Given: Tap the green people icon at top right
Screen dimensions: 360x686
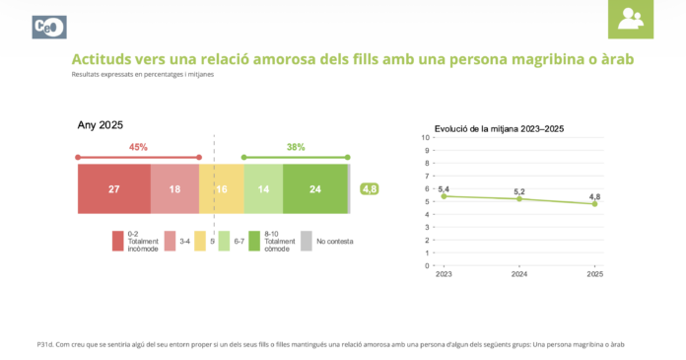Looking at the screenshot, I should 630,19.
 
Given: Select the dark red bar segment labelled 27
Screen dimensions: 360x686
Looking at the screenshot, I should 113,188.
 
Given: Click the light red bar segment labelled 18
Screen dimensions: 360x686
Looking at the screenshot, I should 174,188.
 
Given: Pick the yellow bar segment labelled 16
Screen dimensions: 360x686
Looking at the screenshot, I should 222,188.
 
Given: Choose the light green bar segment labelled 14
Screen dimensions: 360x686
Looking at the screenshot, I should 263,188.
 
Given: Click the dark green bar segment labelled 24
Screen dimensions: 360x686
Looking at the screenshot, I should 314,188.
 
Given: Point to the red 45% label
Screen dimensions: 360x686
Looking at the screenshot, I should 138,147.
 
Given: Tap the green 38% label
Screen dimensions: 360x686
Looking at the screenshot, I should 296,147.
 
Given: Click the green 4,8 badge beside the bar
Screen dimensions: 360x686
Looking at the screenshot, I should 370,188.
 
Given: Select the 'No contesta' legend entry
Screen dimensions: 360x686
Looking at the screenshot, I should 327,241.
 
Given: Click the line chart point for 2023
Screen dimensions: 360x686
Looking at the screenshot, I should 444,196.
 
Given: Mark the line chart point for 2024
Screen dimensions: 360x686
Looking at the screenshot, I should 519,199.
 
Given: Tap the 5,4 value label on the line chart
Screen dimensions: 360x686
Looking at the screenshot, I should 444,188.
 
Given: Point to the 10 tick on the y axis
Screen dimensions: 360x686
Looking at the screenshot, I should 425,138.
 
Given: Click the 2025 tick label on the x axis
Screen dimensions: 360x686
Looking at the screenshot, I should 594,275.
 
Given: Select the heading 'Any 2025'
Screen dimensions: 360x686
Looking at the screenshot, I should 101,125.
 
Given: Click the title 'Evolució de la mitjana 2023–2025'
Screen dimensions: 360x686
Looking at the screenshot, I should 499,129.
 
